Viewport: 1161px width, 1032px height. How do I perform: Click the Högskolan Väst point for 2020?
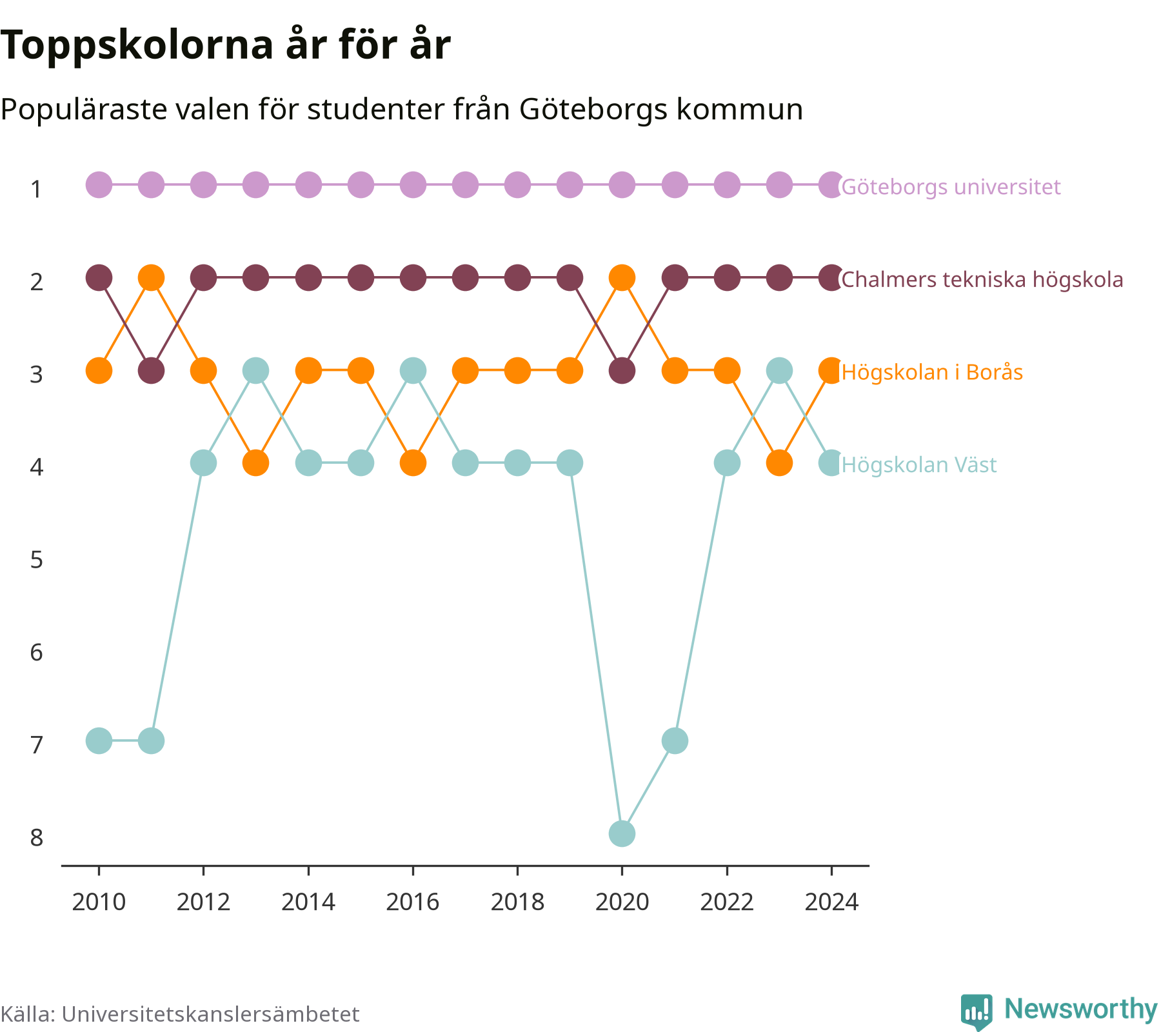[622, 833]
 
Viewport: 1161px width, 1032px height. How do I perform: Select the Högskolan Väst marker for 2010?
[99, 740]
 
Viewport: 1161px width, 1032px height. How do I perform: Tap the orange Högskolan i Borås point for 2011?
[152, 278]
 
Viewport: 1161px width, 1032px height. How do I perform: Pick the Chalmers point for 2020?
[622, 371]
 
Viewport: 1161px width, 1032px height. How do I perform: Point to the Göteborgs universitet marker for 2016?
[413, 185]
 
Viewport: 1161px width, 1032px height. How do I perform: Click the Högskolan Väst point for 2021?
[675, 740]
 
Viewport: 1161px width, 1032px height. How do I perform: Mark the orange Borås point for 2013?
[256, 463]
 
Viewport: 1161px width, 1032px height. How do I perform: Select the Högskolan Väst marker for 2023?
[779, 371]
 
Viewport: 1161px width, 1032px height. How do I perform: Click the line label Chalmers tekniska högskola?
[982, 279]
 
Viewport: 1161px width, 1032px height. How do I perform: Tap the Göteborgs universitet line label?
[951, 186]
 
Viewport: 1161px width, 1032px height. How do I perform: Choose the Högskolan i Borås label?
[932, 372]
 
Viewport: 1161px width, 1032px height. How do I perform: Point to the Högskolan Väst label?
[919, 464]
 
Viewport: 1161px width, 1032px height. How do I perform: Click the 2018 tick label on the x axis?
[517, 902]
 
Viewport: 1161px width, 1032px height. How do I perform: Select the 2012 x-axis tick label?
[203, 902]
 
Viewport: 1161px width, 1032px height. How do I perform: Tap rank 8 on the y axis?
[37, 838]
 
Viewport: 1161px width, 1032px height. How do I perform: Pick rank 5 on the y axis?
[37, 560]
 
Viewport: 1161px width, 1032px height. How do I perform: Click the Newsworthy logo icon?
[977, 1011]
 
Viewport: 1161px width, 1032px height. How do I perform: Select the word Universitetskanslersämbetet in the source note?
[210, 1014]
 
